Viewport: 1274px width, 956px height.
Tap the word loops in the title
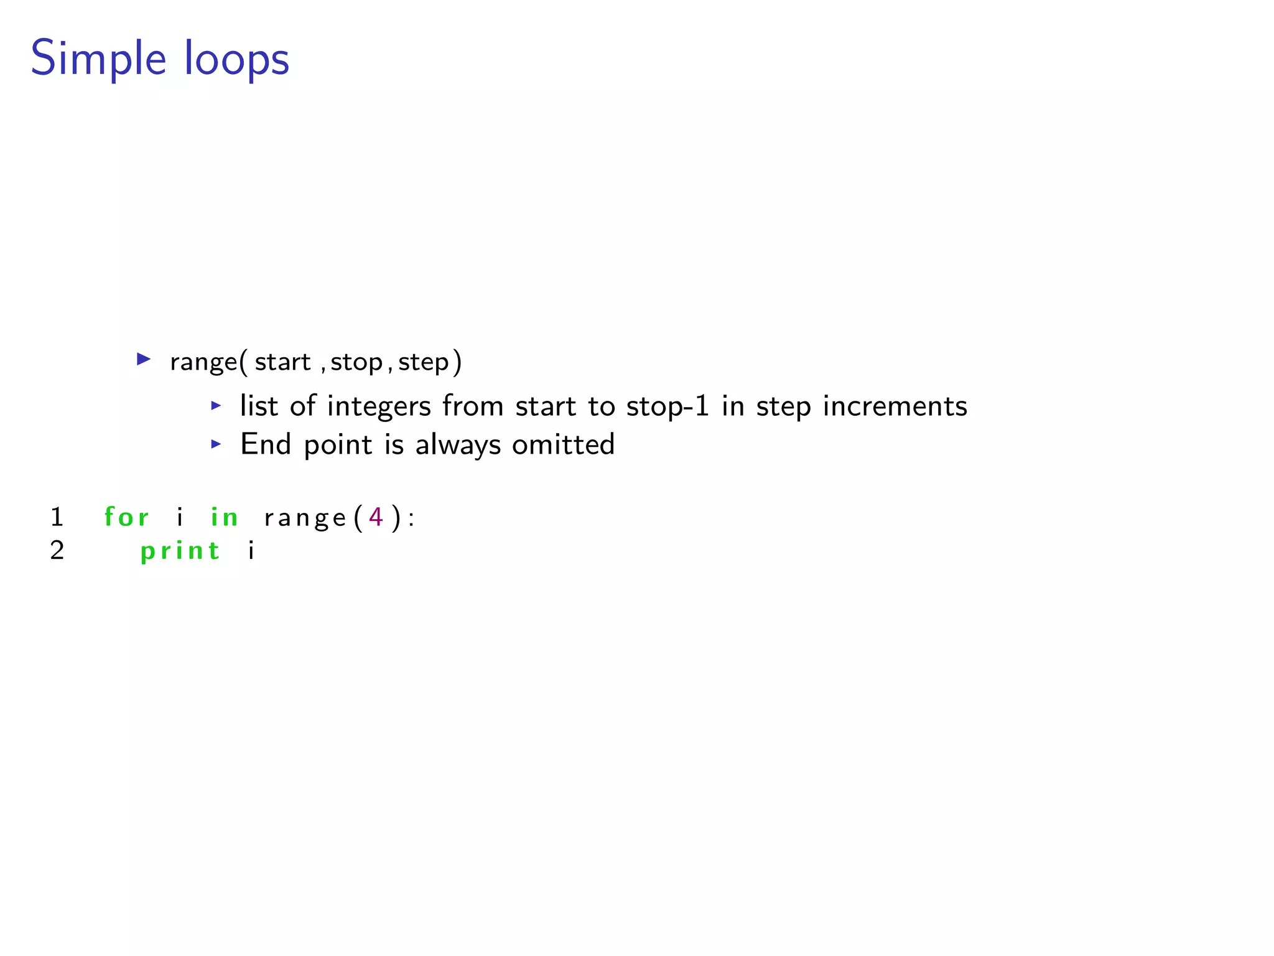pyautogui.click(x=236, y=59)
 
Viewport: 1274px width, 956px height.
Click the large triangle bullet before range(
pyautogui.click(x=144, y=359)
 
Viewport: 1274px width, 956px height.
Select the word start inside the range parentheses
pyautogui.click(x=282, y=362)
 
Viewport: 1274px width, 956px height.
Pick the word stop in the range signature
pyautogui.click(x=356, y=362)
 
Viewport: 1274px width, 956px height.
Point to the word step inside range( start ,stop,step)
pyautogui.click(x=424, y=362)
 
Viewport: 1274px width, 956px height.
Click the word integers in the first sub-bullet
pyautogui.click(x=379, y=406)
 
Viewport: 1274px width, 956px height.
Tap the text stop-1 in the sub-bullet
pyautogui.click(x=667, y=406)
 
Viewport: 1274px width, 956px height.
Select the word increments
pyautogui.click(x=895, y=406)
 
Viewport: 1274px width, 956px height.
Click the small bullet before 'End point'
pyautogui.click(x=216, y=444)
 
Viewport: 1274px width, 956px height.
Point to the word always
pyautogui.click(x=458, y=445)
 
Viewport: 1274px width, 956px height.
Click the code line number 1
pyautogui.click(x=57, y=517)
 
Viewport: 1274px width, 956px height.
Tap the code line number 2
pyautogui.click(x=57, y=550)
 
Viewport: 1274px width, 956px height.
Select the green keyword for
pyautogui.click(x=126, y=517)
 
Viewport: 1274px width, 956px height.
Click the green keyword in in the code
pyautogui.click(x=224, y=517)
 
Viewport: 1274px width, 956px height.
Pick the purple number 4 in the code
pyautogui.click(x=376, y=517)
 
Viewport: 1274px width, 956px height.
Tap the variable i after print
pyautogui.click(x=251, y=550)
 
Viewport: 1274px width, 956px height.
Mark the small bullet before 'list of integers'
pyautogui.click(x=216, y=406)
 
